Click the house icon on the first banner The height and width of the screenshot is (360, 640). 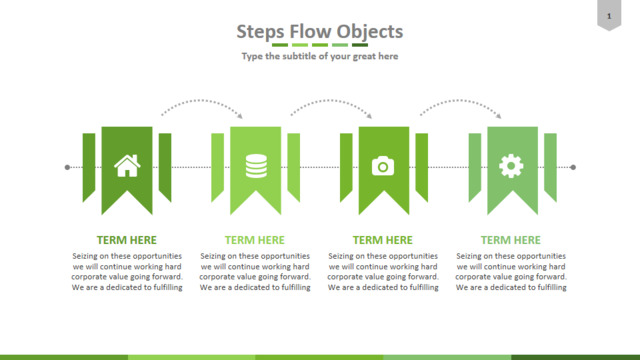(x=127, y=166)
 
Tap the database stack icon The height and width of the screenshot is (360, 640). (x=256, y=166)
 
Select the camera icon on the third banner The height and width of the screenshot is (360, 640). (x=383, y=166)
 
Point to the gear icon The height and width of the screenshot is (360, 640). (x=511, y=166)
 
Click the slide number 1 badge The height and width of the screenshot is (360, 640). (x=609, y=16)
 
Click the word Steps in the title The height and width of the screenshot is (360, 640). (x=260, y=32)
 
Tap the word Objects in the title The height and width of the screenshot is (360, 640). (x=370, y=32)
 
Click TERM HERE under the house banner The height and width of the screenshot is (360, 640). (x=127, y=240)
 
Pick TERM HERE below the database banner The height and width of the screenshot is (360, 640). (x=255, y=240)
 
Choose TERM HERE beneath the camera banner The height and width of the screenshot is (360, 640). (x=383, y=240)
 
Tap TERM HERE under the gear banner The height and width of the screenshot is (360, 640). (x=511, y=240)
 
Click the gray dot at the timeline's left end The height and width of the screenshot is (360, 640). (x=67, y=167)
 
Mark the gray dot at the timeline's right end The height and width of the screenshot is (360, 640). (x=573, y=167)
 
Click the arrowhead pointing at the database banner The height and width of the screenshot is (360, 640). (x=240, y=116)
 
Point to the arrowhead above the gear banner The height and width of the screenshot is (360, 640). (x=499, y=116)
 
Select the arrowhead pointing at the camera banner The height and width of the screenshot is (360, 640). (x=370, y=116)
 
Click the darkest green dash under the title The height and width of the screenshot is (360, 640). (x=360, y=45)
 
